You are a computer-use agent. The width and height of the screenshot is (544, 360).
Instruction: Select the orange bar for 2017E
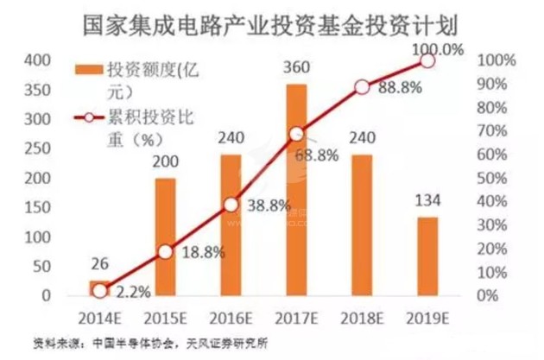(x=296, y=189)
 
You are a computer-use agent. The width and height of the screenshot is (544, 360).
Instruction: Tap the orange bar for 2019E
(x=427, y=256)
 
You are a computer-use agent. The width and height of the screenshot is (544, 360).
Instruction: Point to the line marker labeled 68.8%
(x=296, y=134)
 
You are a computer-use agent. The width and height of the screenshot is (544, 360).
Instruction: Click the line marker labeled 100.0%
(x=427, y=61)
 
